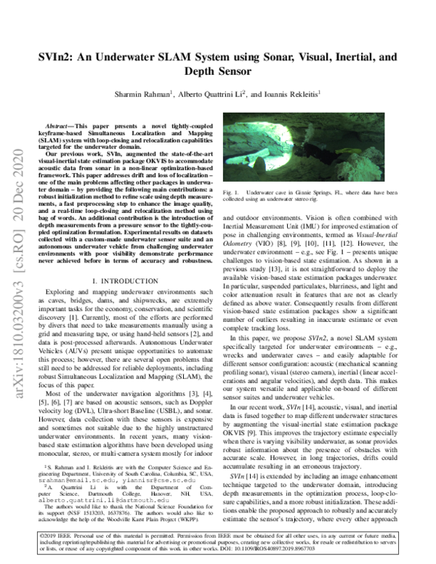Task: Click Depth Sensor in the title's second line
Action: coord(218,72)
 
